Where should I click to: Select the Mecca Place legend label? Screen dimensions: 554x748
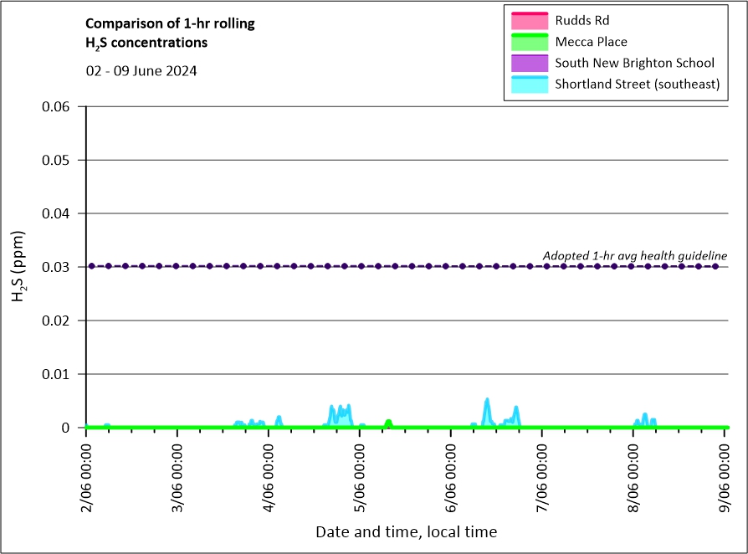591,42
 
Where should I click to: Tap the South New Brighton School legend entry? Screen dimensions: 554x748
634,63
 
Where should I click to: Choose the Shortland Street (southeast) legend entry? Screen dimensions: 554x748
637,85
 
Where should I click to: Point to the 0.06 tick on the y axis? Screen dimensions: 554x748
66,106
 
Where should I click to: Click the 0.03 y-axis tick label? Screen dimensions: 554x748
66,267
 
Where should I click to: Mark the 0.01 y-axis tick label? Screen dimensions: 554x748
66,374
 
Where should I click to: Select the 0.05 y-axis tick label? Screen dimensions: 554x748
66,160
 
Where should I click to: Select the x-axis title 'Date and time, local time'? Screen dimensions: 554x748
406,531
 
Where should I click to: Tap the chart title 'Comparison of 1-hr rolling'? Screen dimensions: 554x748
171,23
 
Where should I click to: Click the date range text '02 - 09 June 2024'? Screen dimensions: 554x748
141,71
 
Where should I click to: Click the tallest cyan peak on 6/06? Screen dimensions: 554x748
487,400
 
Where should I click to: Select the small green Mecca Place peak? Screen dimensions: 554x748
388,422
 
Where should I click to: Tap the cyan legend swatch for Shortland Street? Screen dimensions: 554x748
528,85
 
